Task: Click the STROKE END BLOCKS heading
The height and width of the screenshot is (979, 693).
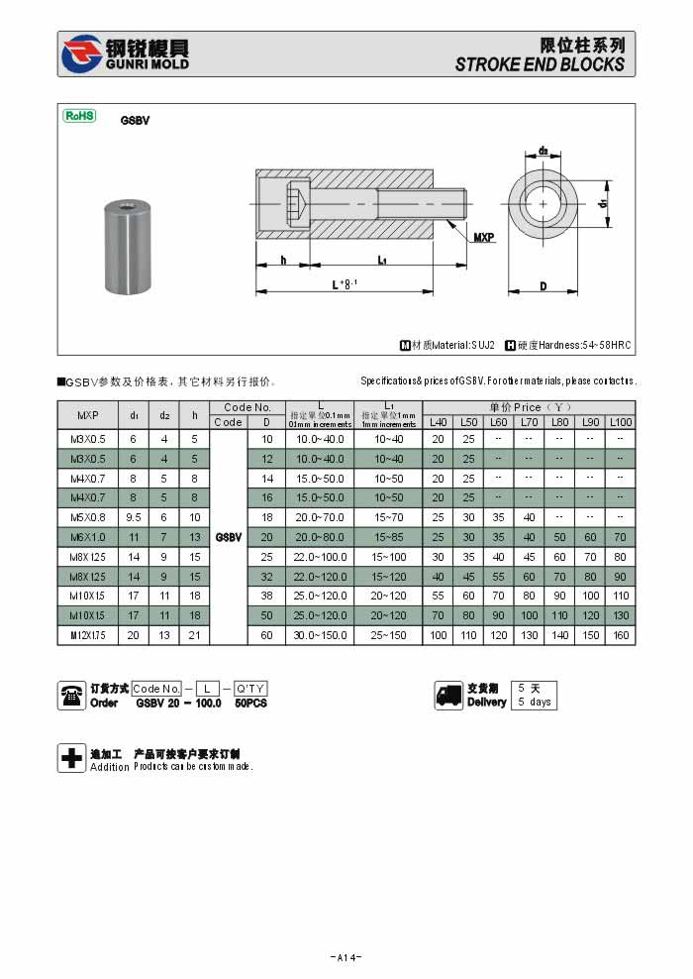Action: coord(540,64)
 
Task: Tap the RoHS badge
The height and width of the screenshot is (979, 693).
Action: coord(79,116)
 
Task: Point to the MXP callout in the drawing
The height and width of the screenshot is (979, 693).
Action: coord(483,238)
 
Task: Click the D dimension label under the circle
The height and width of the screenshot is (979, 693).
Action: coord(544,286)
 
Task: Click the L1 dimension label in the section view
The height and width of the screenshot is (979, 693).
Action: coord(382,260)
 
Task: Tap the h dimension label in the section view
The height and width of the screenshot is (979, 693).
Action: coord(283,260)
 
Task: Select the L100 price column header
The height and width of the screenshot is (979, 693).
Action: coord(621,422)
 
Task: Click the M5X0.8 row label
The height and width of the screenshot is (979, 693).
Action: coord(88,517)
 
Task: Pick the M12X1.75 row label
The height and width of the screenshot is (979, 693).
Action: coord(88,635)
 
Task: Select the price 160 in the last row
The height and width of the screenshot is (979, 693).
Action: coord(621,635)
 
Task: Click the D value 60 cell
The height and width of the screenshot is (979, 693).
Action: coord(266,635)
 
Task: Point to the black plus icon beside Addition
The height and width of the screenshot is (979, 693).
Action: coord(71,758)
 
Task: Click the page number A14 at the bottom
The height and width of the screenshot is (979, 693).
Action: coord(346,957)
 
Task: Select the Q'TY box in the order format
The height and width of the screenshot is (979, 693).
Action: coord(250,689)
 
